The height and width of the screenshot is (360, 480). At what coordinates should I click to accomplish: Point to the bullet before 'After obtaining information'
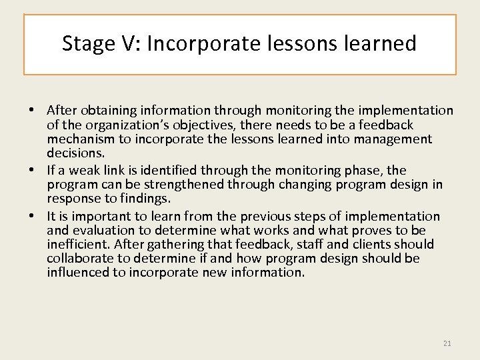click(40, 110)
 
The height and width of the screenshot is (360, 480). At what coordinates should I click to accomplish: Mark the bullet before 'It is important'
click(40, 217)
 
